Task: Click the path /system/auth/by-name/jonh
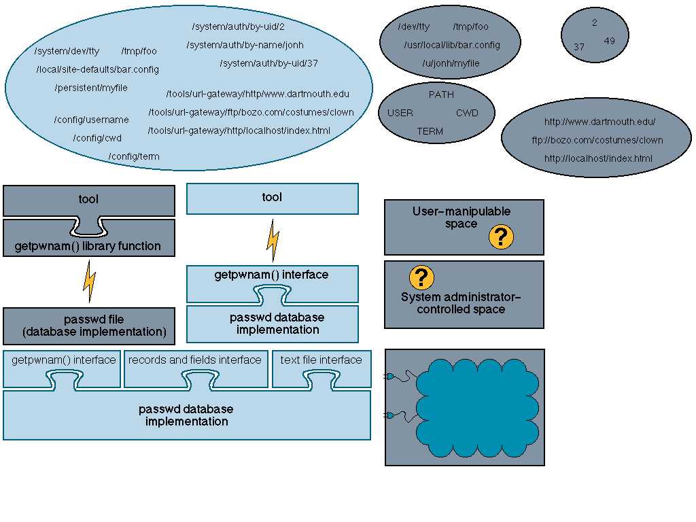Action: (245, 46)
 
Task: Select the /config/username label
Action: (92, 120)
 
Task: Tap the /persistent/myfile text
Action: (91, 88)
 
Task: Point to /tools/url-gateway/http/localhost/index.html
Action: (239, 130)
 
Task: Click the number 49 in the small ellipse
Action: (610, 41)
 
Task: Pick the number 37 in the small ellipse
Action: (579, 47)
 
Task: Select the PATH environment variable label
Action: (441, 94)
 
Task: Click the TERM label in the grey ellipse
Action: (430, 131)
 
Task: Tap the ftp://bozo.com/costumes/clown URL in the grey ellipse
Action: (597, 140)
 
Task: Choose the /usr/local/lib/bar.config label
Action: (452, 46)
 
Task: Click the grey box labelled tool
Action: (89, 201)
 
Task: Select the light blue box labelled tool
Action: (272, 199)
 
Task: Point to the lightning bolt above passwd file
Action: (89, 281)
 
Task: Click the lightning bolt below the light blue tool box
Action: (273, 240)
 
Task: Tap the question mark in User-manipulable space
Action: (501, 237)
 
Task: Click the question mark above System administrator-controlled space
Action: (421, 277)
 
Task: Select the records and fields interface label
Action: (195, 360)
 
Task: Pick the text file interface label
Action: (321, 360)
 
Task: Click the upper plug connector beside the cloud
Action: (389, 377)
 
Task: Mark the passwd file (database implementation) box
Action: (89, 326)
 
